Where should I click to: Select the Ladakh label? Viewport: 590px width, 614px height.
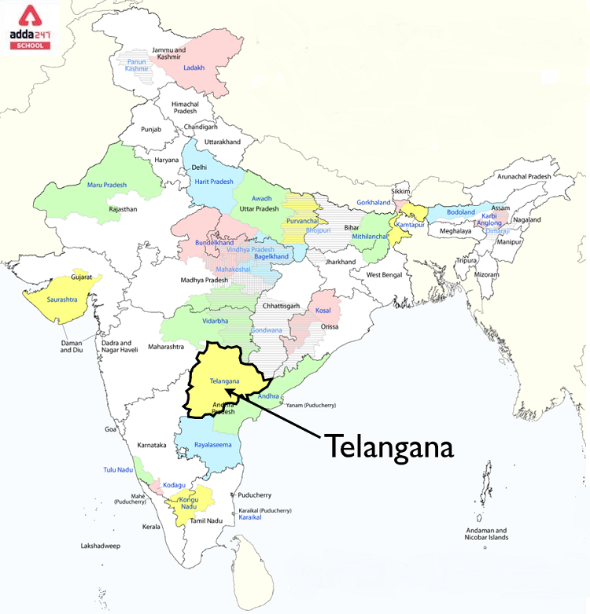coord(194,68)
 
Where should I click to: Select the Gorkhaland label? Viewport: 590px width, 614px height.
coord(374,203)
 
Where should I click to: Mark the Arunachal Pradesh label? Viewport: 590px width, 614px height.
coord(518,177)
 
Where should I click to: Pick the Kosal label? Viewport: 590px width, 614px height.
coord(323,311)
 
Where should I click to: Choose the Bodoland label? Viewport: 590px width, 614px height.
coord(461,212)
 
